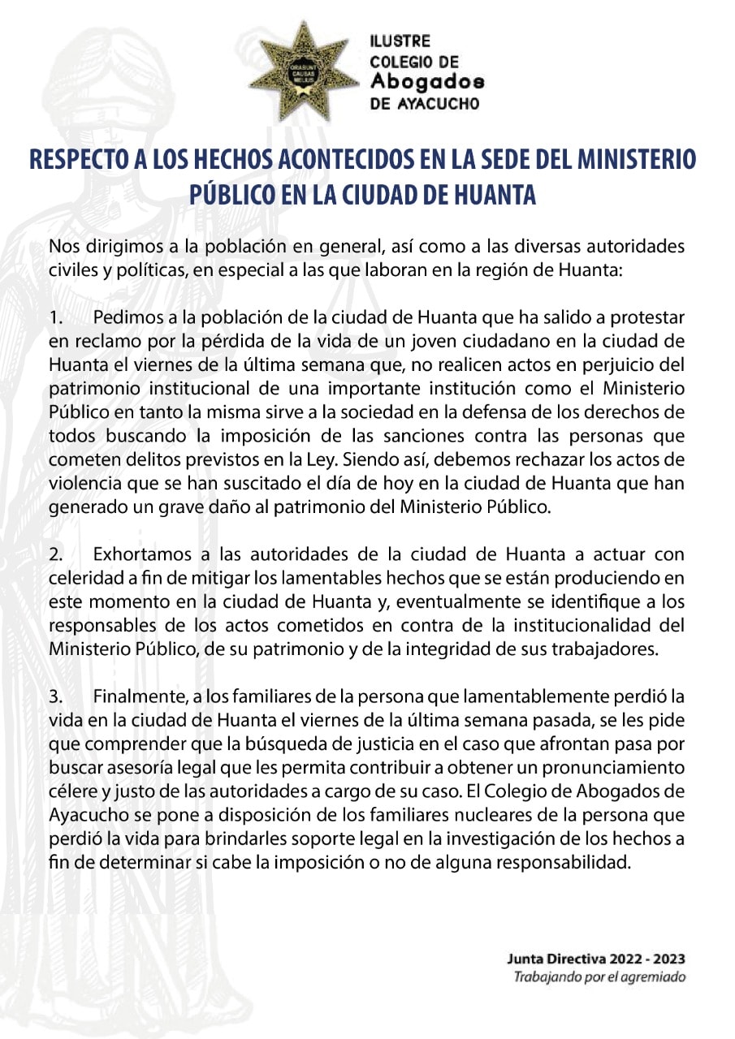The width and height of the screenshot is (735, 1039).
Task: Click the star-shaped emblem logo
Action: tap(302, 71)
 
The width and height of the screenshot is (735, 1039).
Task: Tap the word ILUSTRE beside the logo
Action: tap(400, 41)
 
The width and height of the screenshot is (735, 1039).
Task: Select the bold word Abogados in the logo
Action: tap(427, 82)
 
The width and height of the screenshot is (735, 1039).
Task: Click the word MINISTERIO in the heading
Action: tap(638, 159)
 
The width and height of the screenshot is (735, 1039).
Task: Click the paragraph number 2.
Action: tap(54, 554)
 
